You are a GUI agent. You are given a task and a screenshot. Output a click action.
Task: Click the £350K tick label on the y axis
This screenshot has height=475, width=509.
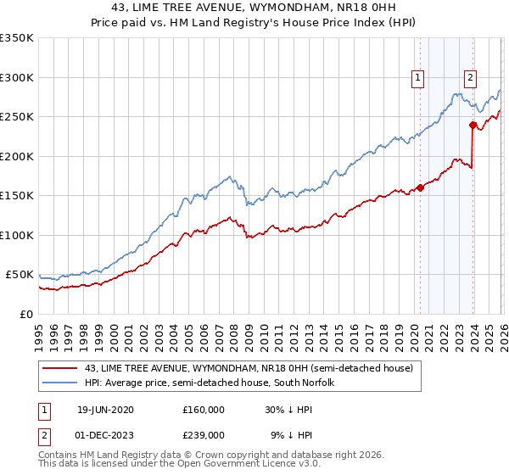click(16, 38)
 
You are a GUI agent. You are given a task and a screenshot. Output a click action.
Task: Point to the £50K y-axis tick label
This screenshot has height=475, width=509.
click(20, 275)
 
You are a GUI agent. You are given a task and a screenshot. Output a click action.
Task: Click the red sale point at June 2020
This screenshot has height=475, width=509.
click(420, 188)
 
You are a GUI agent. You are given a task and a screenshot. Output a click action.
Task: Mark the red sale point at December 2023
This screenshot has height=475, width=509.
click(473, 126)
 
